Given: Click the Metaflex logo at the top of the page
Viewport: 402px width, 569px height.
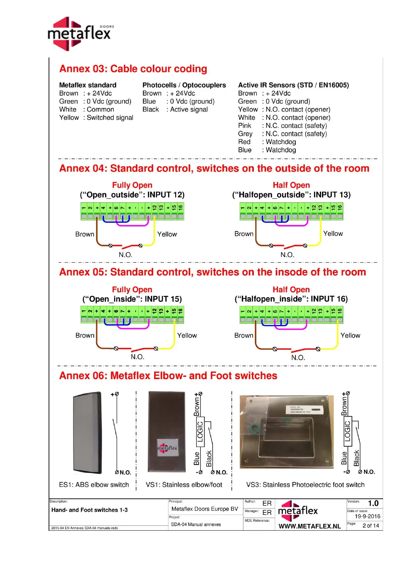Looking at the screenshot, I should [80, 33].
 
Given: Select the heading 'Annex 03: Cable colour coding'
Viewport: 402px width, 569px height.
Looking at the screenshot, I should [133, 69].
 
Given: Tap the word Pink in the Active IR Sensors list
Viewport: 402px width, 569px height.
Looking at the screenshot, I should [244, 126].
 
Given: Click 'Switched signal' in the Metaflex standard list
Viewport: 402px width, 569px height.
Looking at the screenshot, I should [110, 118].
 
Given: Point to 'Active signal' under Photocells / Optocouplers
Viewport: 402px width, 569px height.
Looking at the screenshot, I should [189, 109].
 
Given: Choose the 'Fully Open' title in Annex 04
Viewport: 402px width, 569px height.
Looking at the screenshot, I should [132, 185].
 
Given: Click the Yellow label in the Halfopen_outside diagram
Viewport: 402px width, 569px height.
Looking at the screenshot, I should [333, 233].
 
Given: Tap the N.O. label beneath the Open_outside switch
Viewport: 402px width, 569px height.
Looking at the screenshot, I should [125, 255].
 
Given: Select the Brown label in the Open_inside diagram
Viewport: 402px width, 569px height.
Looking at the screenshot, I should [85, 336].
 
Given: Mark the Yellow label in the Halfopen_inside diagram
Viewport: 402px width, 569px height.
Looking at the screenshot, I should [350, 336].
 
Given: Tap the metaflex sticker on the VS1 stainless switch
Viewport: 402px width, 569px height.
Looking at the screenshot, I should [167, 448].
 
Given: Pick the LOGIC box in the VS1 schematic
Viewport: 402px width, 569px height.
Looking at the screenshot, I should [200, 432].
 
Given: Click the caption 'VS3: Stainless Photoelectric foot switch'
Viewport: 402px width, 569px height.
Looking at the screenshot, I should [305, 485].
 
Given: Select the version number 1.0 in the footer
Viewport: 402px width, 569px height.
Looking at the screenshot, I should [373, 503].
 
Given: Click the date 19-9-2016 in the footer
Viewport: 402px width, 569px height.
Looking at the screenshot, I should [367, 516].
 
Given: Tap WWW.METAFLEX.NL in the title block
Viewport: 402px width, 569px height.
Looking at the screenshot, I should [310, 526].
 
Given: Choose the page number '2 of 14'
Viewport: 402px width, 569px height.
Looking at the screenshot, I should [371, 526].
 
